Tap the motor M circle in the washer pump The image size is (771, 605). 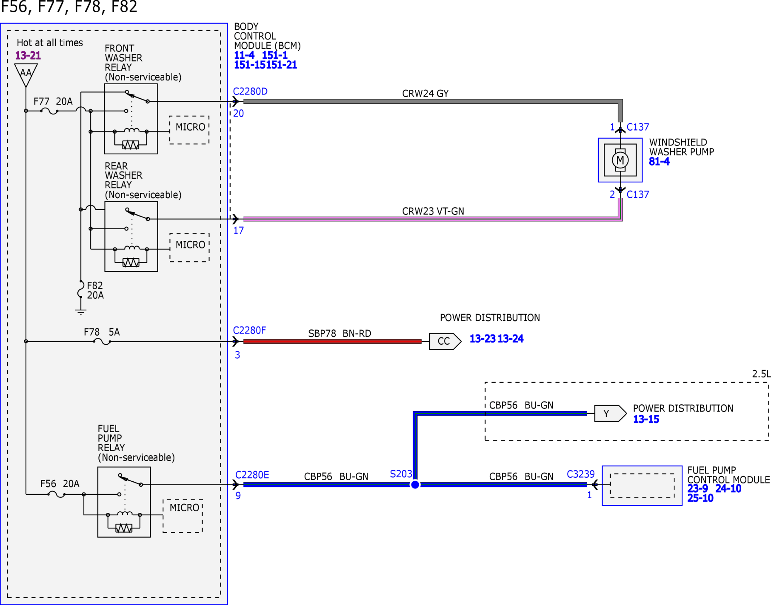pos(620,160)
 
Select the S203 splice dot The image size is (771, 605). pos(415,485)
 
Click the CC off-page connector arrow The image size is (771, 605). pos(445,341)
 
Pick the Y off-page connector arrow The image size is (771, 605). pos(610,413)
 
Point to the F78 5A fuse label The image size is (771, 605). pos(102,332)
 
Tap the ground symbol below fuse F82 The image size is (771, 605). pos(81,312)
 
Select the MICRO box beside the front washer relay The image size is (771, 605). pos(189,130)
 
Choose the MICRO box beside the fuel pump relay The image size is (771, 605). pos(183,516)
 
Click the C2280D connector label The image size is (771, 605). pos(250,91)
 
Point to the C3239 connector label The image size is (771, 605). pos(581,474)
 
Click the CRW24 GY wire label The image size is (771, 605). pos(425,93)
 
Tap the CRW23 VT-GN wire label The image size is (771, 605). pos(433,211)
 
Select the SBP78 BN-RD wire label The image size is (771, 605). pos(340,333)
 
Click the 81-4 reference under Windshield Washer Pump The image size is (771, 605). pos(659,162)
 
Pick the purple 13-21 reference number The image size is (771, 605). pos(28,55)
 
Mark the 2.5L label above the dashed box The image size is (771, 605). pos(761,374)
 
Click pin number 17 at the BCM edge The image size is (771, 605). pos(239,230)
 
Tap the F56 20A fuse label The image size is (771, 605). pos(60,483)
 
